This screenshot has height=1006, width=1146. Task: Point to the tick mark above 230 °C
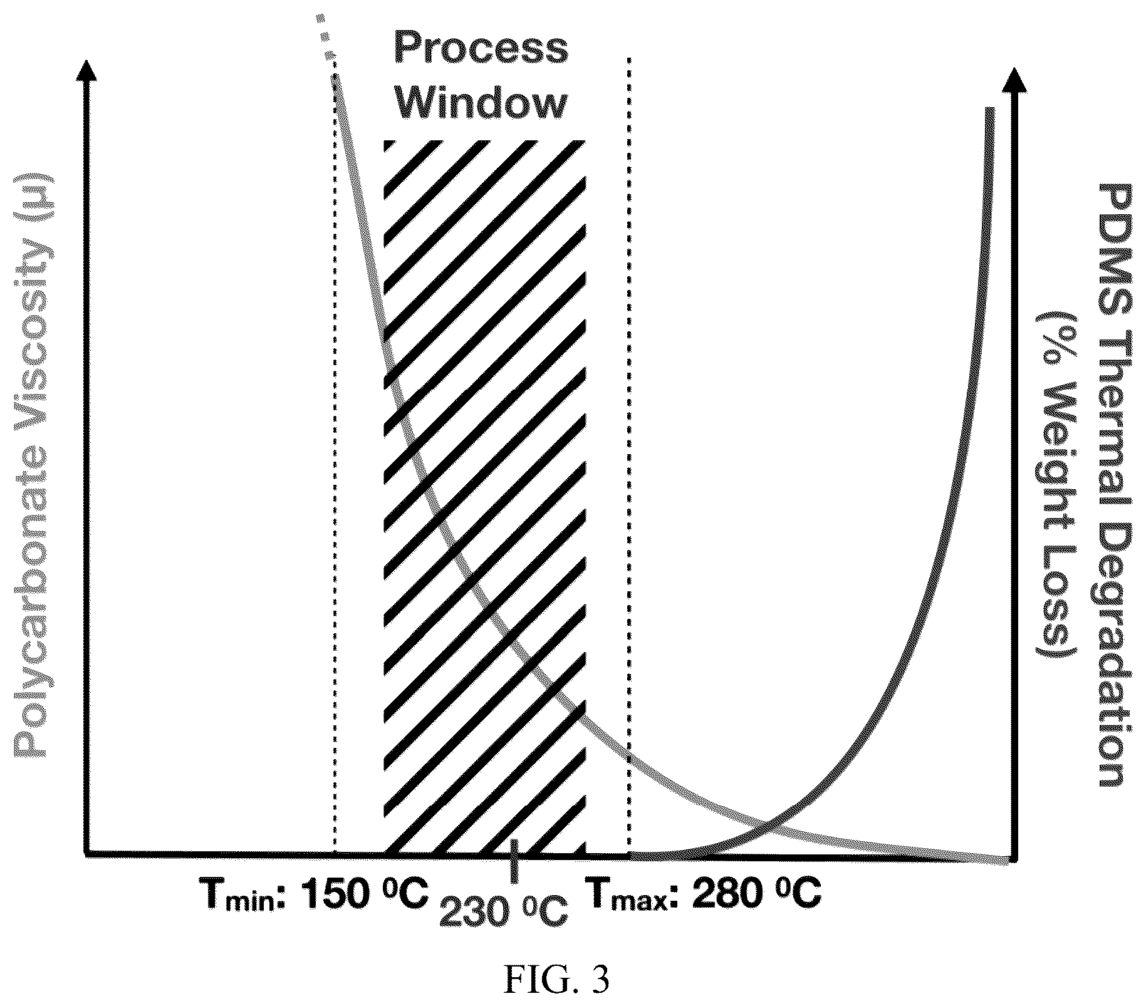pos(514,861)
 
